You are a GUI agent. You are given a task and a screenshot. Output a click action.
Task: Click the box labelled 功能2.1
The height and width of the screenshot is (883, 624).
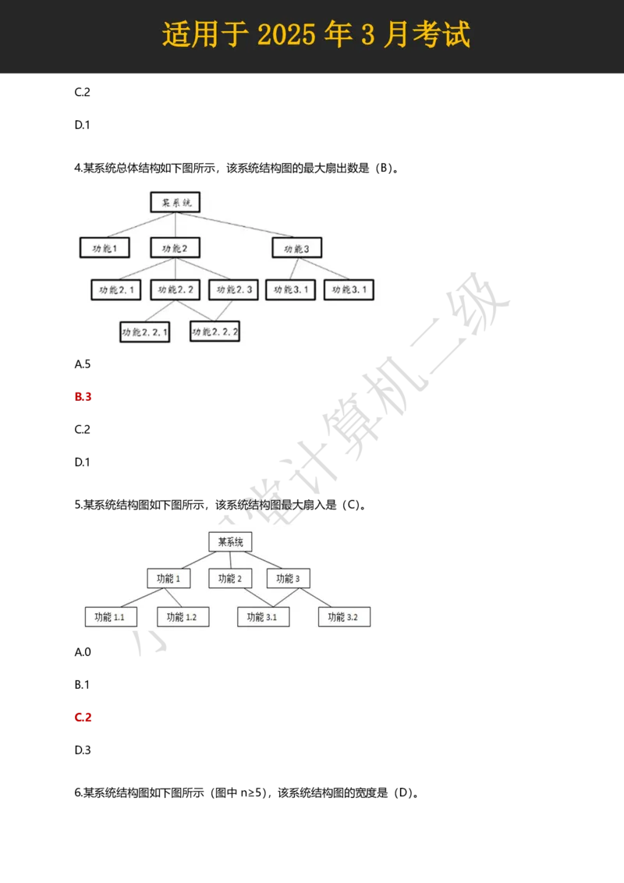115,290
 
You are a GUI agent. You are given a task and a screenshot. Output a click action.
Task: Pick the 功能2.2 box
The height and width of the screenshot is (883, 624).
175,290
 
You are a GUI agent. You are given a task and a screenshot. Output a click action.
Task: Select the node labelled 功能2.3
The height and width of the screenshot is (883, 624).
233,290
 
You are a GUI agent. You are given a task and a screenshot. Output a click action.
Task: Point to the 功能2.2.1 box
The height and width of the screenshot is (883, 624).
144,332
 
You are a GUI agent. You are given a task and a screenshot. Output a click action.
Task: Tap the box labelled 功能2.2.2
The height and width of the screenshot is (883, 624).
214,332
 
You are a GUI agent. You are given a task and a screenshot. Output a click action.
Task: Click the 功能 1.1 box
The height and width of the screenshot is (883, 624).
111,617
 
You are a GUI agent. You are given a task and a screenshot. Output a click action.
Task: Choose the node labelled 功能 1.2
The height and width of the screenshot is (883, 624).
183,617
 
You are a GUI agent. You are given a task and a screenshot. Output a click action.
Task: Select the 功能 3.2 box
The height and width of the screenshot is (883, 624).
344,617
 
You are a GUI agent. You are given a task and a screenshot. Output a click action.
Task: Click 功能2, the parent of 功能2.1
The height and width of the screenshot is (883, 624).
175,248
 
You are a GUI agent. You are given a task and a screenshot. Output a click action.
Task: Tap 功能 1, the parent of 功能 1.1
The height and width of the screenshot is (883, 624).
168,579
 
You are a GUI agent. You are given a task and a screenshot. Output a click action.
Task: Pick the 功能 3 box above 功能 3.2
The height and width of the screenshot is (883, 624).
288,579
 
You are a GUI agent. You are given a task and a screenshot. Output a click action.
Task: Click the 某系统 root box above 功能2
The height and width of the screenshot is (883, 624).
175,203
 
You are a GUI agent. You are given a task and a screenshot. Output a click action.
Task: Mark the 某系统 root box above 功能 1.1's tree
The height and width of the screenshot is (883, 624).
230,542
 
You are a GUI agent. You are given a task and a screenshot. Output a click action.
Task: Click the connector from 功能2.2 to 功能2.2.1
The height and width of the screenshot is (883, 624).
159,311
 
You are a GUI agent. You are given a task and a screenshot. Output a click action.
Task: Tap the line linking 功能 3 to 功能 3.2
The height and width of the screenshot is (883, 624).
316,598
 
